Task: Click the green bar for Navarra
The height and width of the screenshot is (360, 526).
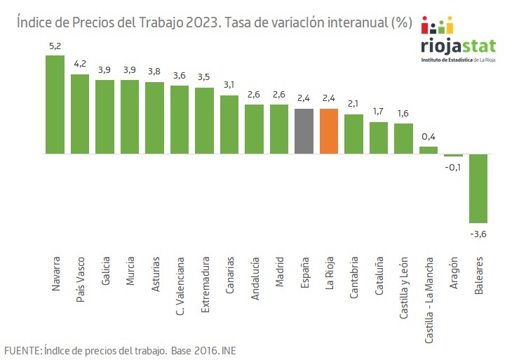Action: (x=55, y=104)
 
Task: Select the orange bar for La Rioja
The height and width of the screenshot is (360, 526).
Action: (x=328, y=131)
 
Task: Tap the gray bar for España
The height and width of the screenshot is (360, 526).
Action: (x=304, y=131)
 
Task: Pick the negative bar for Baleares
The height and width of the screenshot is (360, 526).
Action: (x=478, y=188)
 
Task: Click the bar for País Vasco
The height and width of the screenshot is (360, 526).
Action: (x=80, y=114)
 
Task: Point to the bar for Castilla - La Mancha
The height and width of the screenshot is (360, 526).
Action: (x=429, y=149)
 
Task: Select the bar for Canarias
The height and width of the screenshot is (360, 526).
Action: (x=229, y=124)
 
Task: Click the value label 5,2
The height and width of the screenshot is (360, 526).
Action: (x=55, y=46)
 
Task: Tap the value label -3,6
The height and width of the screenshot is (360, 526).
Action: (x=478, y=233)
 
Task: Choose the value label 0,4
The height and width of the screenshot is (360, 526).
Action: (x=429, y=137)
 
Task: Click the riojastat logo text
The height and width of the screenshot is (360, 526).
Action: (x=458, y=46)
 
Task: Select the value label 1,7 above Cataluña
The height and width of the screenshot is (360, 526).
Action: (x=379, y=112)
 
